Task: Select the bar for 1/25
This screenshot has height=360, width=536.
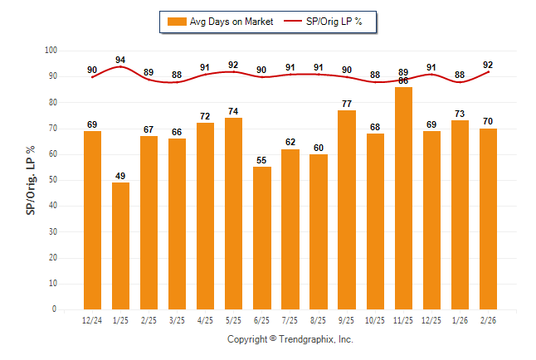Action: (120, 246)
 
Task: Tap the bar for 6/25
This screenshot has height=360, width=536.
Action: (262, 238)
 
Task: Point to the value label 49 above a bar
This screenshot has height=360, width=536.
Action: (120, 176)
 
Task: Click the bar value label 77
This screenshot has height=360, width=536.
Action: (347, 104)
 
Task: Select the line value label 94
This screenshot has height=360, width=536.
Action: (120, 60)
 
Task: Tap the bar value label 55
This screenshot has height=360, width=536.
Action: (262, 160)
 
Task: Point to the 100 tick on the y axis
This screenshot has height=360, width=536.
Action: (51, 51)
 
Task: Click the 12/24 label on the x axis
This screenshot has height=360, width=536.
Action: (92, 319)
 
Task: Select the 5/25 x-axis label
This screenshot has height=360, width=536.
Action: (234, 319)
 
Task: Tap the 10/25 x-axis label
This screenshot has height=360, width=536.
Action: (376, 319)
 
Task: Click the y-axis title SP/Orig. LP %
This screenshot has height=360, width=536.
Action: (31, 180)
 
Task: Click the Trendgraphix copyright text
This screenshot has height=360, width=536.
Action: (290, 339)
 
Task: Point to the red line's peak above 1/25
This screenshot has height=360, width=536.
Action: (120, 66)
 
